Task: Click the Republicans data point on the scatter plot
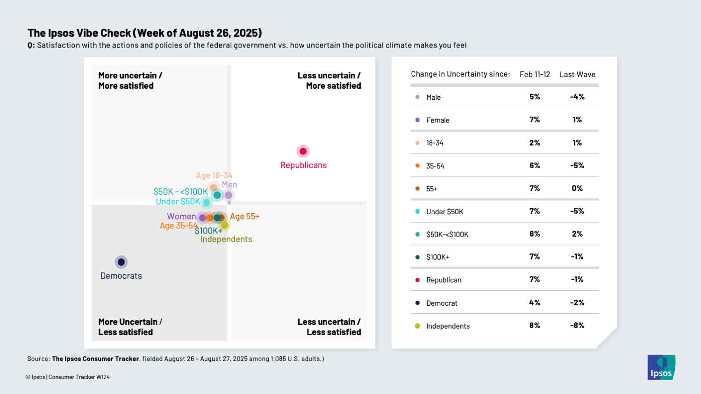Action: coord(303,151)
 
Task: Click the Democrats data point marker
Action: coord(121,262)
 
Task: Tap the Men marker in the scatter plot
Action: coord(229,195)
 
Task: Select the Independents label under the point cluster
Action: coord(226,239)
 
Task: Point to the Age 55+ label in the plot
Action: coord(244,217)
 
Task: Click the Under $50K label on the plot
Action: coord(178,202)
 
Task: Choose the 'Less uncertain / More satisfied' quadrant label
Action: coord(329,81)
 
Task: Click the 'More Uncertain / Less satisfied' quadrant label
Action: coord(130,327)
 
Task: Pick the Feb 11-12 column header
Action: coord(535,75)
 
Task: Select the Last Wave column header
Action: coord(577,75)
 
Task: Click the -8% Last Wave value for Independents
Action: coord(577,325)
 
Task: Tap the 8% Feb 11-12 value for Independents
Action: coord(535,325)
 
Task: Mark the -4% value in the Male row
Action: coord(577,97)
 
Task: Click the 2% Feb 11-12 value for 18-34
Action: coord(535,143)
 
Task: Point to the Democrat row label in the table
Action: coord(442,303)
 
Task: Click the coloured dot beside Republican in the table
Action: coord(417,280)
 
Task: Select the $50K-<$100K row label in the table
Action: coord(447,234)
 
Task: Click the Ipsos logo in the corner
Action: coord(661,367)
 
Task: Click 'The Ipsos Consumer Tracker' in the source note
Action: coord(95,359)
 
